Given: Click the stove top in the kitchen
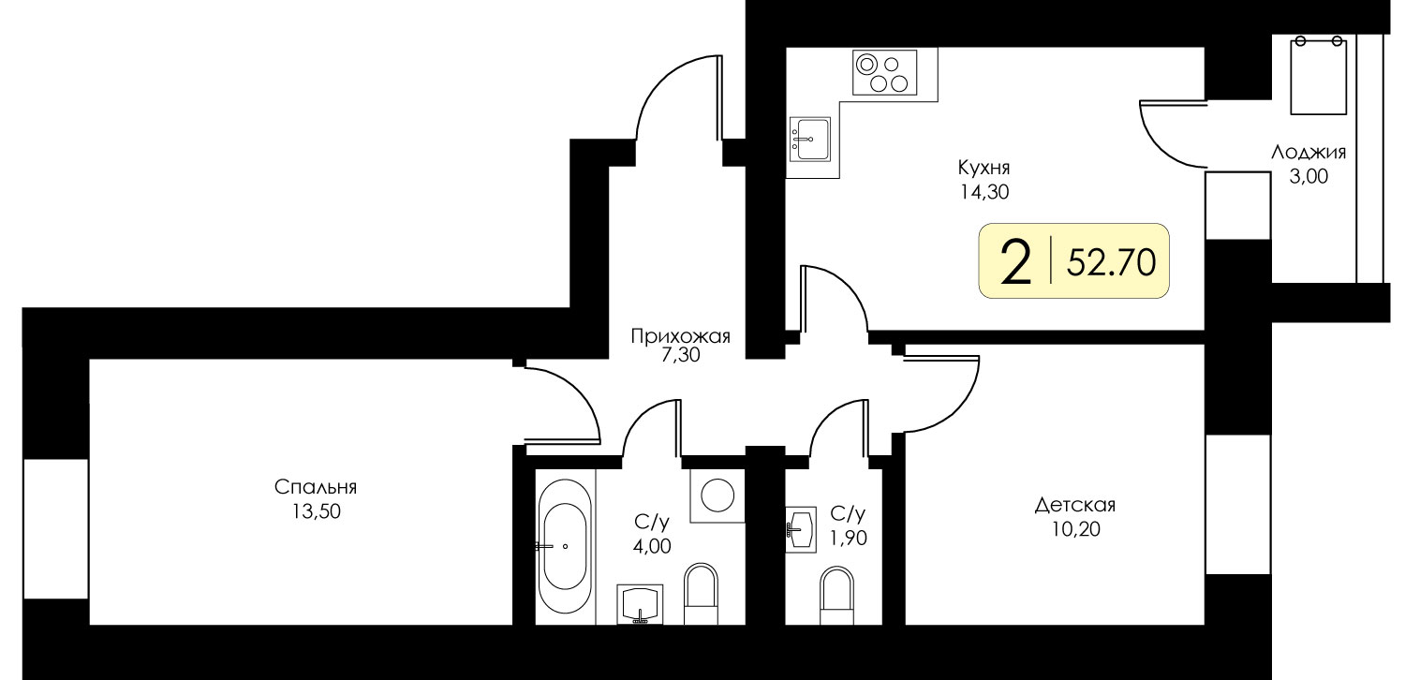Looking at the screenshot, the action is point(884,73).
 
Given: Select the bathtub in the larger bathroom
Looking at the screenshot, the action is point(565,546).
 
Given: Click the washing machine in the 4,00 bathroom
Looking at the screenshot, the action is point(717,495).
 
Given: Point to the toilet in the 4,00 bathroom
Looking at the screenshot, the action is point(700,594).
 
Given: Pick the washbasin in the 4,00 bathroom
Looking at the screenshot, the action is point(640,604).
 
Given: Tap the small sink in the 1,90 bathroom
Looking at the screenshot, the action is point(801,529).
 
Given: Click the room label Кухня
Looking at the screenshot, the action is point(983,168).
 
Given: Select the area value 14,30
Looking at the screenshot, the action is point(983,192).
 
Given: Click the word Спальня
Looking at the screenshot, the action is point(316,487).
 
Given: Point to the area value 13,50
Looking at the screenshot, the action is point(316,512).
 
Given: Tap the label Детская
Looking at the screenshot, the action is point(1075,505).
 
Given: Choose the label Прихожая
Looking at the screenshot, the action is point(681,336).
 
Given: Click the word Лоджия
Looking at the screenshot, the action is point(1309,153).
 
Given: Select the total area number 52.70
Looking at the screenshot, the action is point(1112,262).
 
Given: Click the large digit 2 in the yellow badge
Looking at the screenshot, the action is point(1016,264).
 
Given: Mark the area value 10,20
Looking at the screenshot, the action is point(1075,529).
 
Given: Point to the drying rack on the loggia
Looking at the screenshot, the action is point(1319,76).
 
